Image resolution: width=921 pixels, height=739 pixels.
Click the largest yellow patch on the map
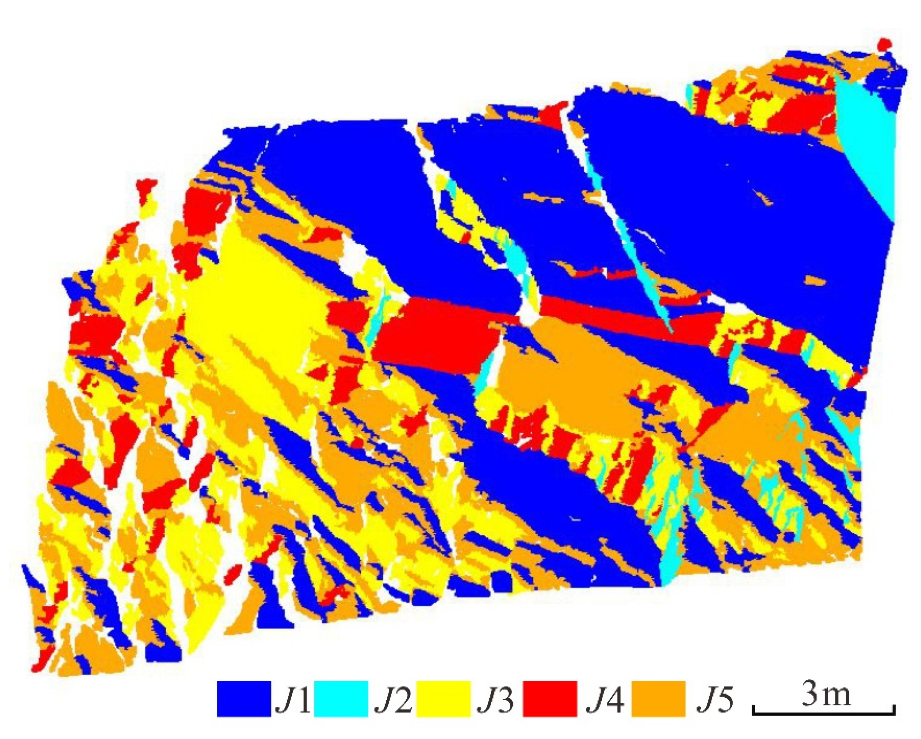point(256,299)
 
